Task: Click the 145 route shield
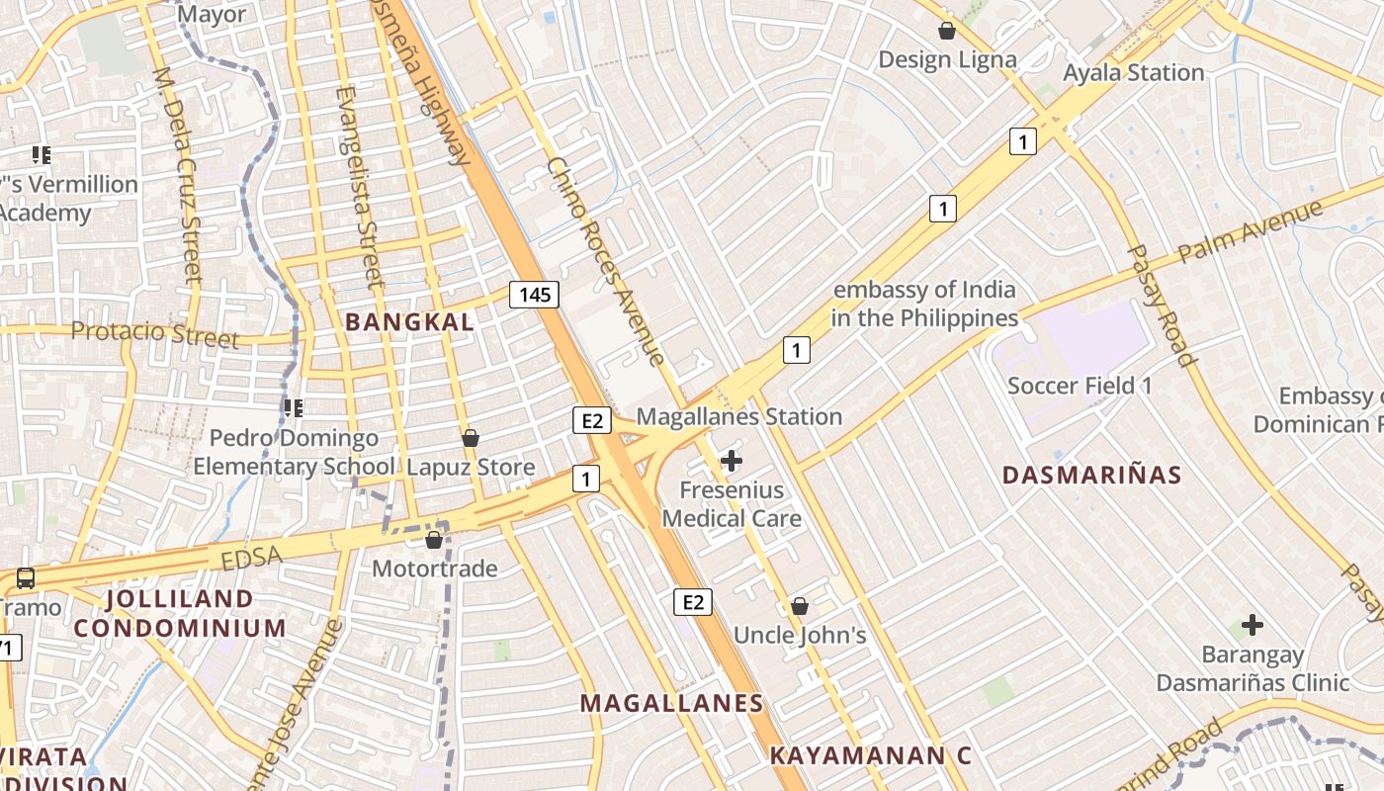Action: (535, 294)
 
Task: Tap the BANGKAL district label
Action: (410, 321)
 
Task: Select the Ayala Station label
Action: (1133, 72)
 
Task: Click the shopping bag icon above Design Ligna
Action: (947, 31)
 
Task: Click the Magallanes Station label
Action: (738, 416)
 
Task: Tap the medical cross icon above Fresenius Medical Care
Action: (732, 460)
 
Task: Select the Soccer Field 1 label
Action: (1080, 385)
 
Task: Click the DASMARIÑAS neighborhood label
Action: (1091, 475)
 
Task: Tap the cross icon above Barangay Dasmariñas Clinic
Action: (1253, 625)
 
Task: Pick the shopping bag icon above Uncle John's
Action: (800, 606)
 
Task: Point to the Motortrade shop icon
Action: (433, 540)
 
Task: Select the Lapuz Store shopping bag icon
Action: (471, 437)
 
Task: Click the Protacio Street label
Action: (155, 333)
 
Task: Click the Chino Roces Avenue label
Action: (605, 261)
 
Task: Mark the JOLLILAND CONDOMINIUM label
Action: (180, 613)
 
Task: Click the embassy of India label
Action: (924, 304)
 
